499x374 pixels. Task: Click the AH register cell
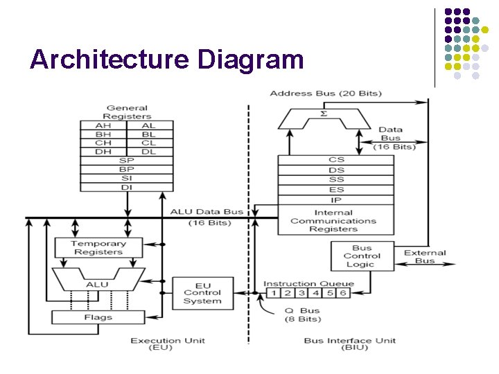103,125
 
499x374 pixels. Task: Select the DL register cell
148,152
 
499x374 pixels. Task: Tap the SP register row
126,161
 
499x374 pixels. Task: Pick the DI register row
126,186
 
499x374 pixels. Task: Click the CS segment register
336,160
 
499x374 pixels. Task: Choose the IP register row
336,199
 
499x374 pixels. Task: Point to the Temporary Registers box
98,248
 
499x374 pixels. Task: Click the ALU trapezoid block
97,281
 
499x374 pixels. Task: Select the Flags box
98,317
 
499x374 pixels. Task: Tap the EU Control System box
202,294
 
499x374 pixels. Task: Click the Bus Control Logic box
362,256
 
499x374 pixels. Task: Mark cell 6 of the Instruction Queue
342,293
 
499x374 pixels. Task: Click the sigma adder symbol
323,113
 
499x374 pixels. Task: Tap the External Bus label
425,257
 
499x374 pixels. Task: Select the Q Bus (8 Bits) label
303,314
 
